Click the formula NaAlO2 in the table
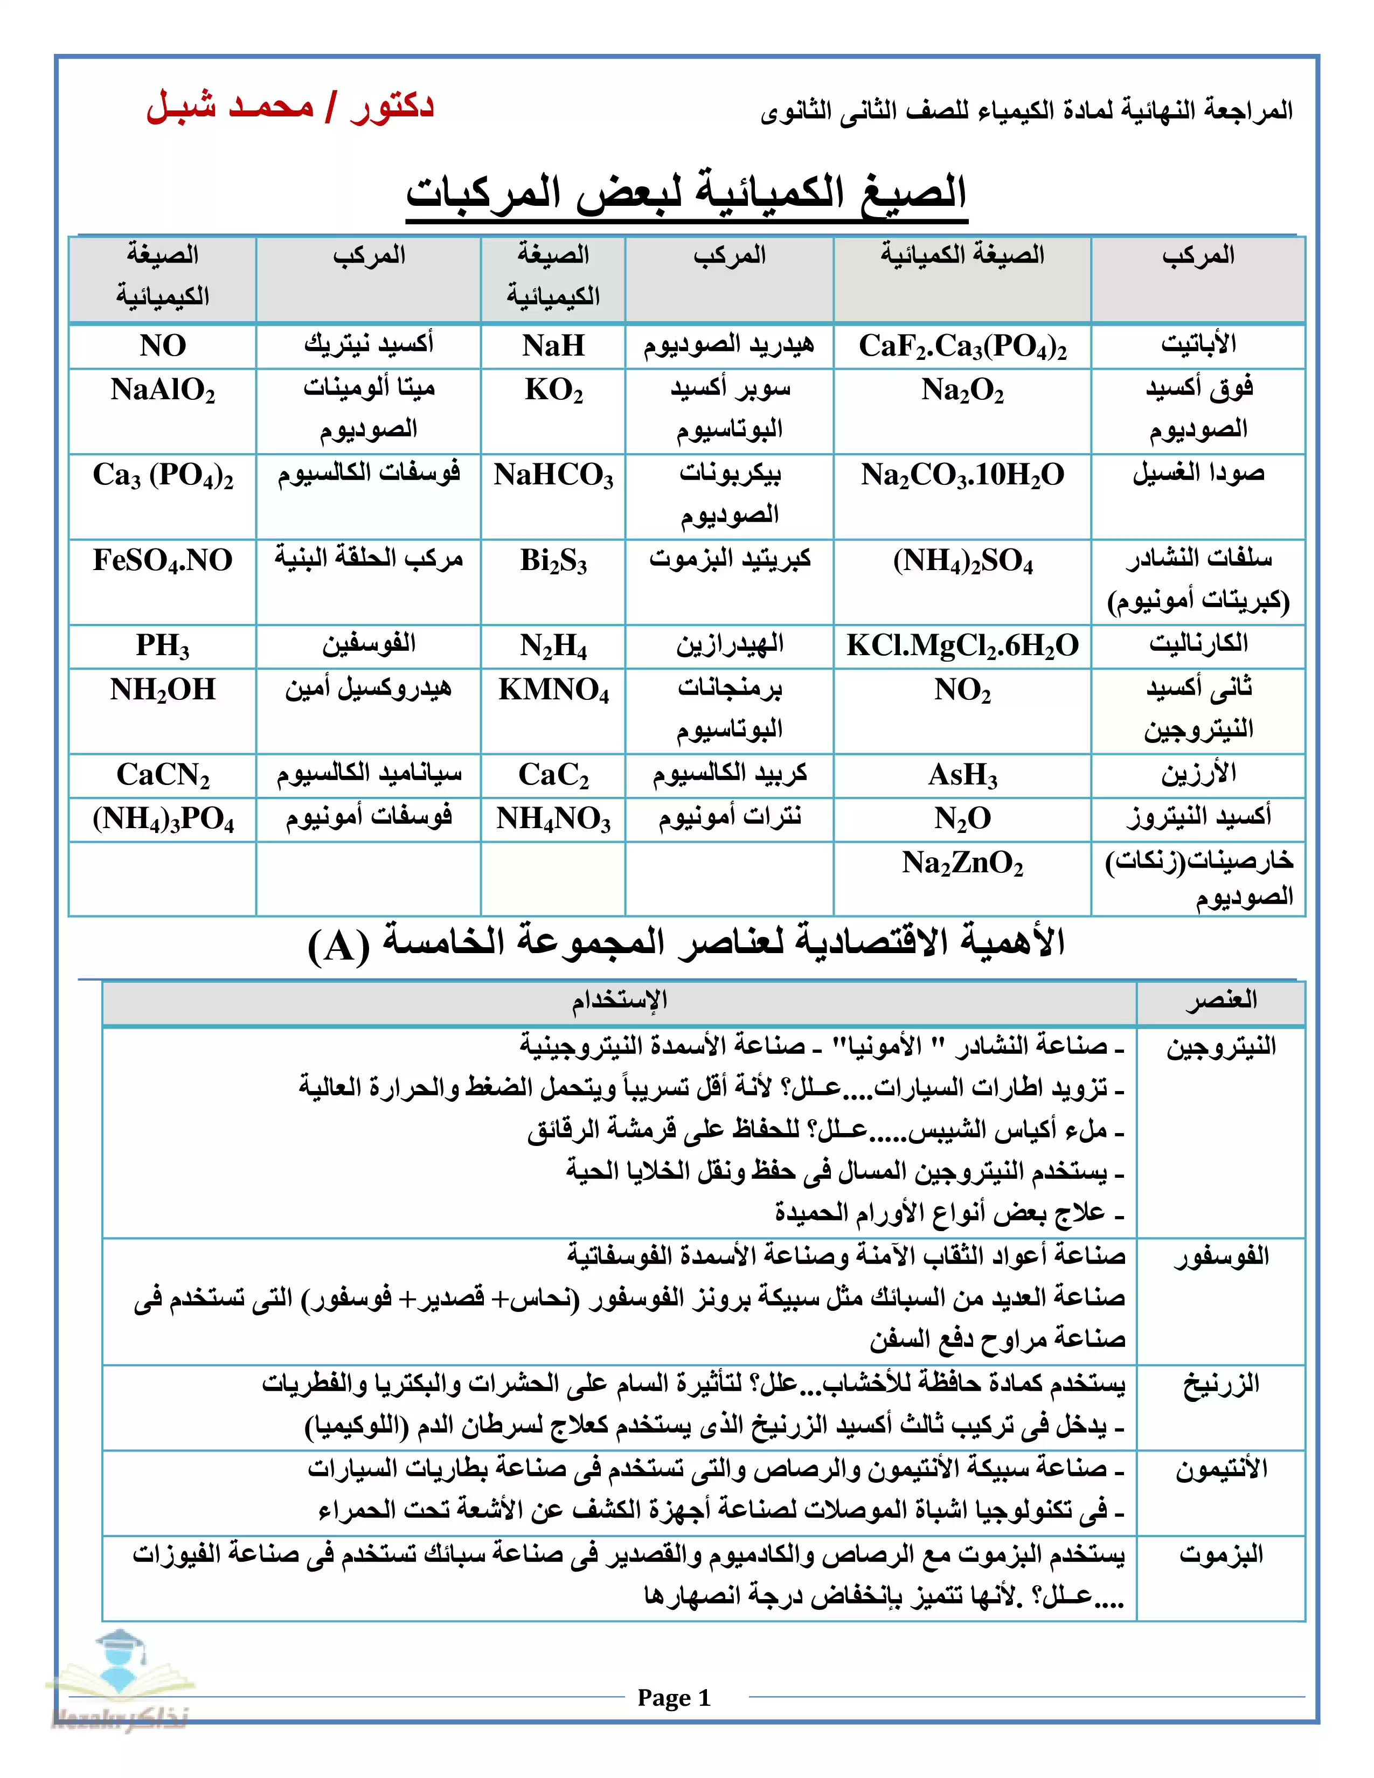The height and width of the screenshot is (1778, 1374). click(163, 391)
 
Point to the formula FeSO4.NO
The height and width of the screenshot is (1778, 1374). click(163, 561)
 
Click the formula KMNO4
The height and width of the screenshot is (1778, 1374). click(553, 690)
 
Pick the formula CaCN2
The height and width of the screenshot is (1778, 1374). click(163, 775)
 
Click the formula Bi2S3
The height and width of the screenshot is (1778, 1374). click(553, 561)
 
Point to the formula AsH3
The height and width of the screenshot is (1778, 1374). click(962, 775)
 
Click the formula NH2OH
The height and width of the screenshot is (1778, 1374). click(163, 690)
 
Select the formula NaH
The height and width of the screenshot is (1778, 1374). click(553, 346)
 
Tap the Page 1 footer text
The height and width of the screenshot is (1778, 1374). click(674, 1697)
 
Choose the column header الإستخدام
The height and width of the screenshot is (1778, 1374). click(619, 999)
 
